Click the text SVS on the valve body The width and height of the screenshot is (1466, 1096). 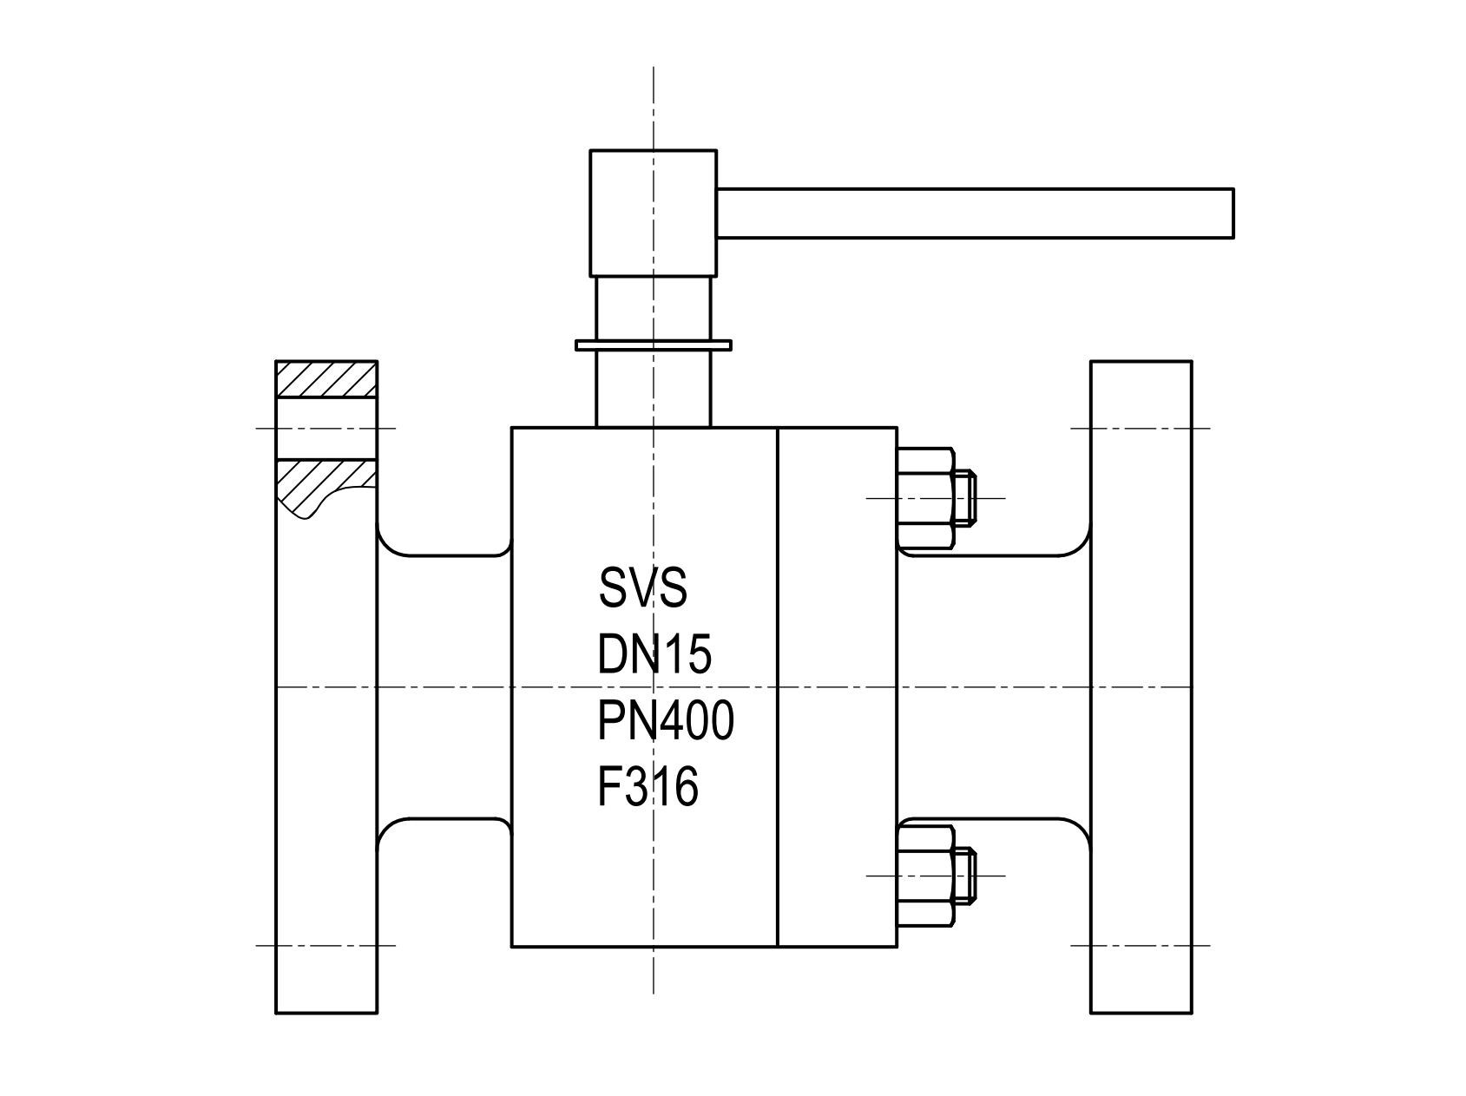[642, 587]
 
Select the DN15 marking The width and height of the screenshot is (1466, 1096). [654, 654]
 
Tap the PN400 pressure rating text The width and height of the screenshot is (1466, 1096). [666, 721]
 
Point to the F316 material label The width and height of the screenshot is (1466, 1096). [648, 788]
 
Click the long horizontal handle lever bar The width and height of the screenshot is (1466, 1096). [972, 213]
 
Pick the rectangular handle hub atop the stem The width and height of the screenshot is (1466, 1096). [653, 213]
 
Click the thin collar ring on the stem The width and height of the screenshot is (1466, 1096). [653, 345]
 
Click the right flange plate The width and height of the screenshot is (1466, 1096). [1141, 686]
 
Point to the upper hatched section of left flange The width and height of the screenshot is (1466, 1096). [326, 379]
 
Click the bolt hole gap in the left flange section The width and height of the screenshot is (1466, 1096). [326, 428]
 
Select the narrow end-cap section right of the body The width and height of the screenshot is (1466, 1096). [837, 686]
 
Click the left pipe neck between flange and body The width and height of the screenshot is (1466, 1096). [443, 686]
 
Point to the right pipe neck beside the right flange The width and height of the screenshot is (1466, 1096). [994, 686]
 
